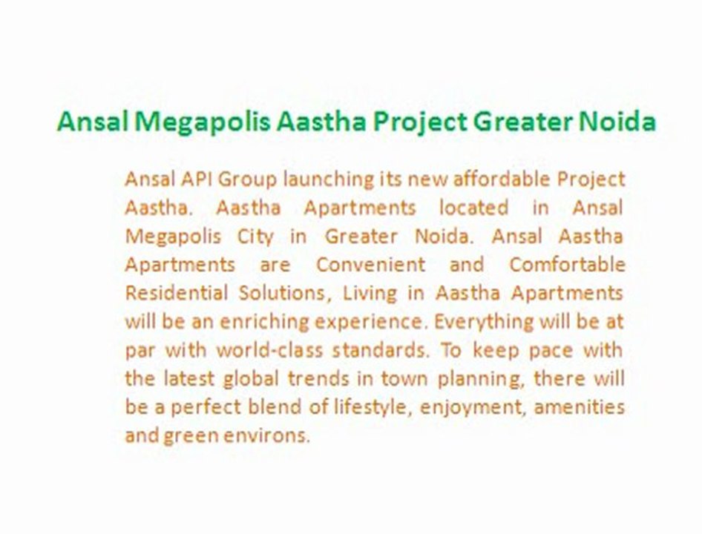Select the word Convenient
pos(371,265)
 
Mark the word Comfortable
pos(567,265)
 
